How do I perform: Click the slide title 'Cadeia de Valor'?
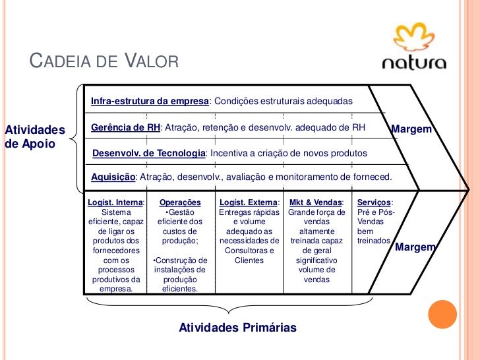(105, 63)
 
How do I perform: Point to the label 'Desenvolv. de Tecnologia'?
(148, 153)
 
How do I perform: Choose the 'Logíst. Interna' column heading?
(116, 202)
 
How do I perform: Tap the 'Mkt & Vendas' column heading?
(316, 202)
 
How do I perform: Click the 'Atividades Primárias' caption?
(237, 328)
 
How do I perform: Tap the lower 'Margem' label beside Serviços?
(415, 247)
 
